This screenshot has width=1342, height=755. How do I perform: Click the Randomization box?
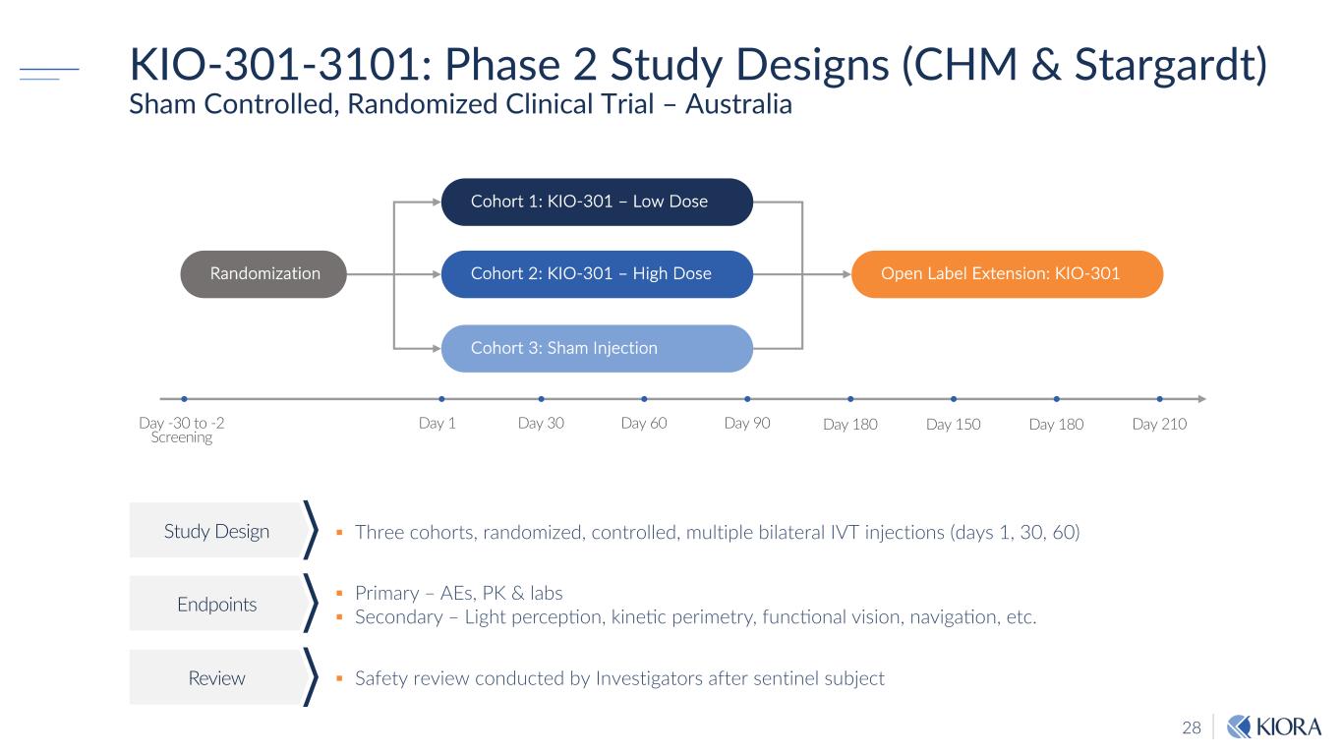tap(263, 274)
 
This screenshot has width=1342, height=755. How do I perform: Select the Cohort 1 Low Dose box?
tap(597, 202)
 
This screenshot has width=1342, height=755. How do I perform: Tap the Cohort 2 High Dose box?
tap(597, 274)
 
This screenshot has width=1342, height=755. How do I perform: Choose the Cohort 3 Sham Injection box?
tap(597, 348)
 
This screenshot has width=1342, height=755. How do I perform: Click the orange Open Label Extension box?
tap(1006, 274)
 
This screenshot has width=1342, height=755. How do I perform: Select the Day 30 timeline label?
tap(540, 424)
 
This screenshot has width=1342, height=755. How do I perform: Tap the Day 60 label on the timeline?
tap(644, 424)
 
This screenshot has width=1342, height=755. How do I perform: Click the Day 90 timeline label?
tap(747, 424)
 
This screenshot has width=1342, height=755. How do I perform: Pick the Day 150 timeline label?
tap(954, 425)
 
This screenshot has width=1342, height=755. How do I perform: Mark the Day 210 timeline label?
tap(1160, 425)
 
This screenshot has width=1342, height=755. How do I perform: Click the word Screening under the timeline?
tap(182, 437)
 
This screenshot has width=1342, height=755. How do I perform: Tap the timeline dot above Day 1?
tap(441, 399)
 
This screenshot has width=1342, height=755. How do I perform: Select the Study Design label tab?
tap(216, 532)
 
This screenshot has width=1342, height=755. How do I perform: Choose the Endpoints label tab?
tap(216, 605)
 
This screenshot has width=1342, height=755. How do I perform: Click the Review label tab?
tap(216, 678)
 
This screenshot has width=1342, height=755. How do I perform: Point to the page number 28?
tap(1192, 728)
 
